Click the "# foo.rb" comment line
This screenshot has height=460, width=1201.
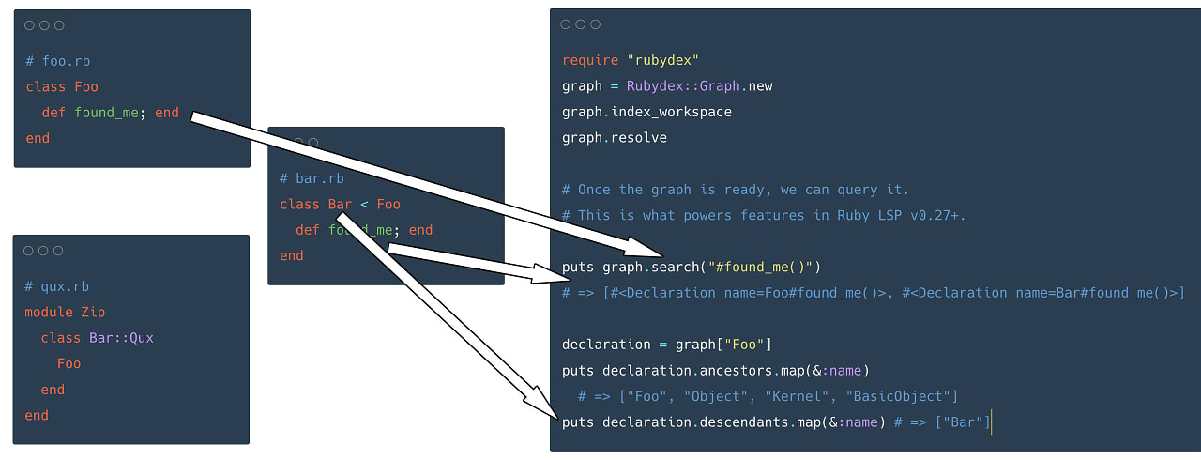pos(58,61)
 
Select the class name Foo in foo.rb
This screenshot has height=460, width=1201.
pos(86,87)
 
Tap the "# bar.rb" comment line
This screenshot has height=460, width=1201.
pos(312,178)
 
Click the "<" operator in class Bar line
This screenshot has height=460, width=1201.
pos(365,205)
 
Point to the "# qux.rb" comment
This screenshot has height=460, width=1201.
pos(57,286)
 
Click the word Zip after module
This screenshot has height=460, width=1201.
pos(93,312)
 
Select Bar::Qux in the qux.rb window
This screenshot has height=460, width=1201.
pos(121,338)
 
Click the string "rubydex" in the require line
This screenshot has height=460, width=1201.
pos(662,60)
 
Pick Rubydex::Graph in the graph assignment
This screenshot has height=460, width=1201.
pos(683,85)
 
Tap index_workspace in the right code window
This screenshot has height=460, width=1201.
pos(671,112)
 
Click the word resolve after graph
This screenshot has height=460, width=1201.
pos(639,138)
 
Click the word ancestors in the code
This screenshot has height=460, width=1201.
pos(736,371)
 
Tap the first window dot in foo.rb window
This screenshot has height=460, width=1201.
pos(29,25)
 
